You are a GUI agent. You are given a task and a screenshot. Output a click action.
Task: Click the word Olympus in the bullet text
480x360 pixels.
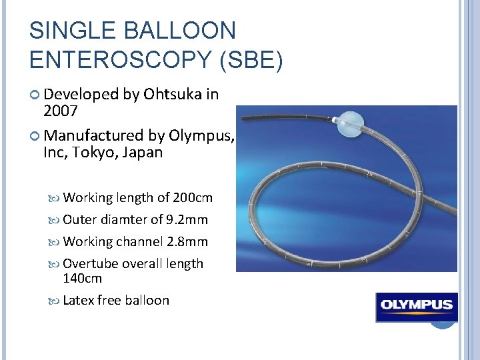(201, 135)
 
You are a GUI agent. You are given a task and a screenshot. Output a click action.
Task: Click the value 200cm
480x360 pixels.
(193, 197)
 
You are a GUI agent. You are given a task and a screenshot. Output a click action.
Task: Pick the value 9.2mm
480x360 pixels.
(188, 219)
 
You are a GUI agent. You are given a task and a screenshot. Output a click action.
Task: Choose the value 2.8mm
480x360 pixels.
(188, 241)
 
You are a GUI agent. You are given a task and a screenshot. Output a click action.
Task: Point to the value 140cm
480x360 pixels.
(82, 277)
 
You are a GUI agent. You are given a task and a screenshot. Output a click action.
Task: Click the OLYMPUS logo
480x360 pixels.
(416, 307)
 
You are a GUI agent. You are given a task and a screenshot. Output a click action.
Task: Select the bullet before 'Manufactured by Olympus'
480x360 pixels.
(36, 136)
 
